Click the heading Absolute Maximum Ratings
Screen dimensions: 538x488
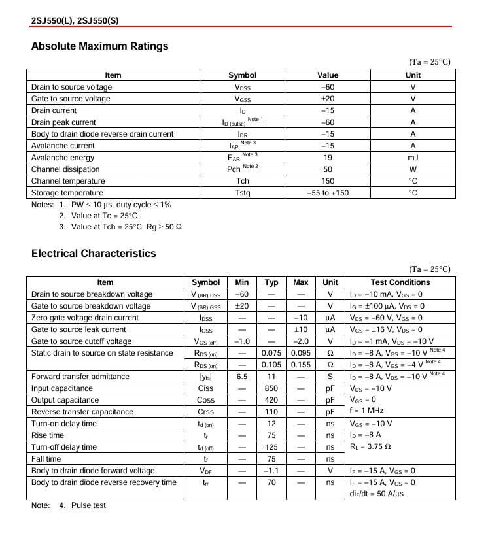pos(99,46)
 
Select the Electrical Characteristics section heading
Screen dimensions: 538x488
pos(94,254)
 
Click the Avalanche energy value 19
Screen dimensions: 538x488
pos(328,158)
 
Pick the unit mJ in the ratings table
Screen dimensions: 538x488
pos(413,158)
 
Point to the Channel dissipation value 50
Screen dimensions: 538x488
pos(328,169)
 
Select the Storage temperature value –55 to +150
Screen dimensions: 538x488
pos(328,193)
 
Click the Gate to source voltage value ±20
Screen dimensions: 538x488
pos(328,99)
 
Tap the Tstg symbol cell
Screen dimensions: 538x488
pos(242,193)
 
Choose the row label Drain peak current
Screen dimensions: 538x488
pos(63,122)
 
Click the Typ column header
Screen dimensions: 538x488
pos(271,282)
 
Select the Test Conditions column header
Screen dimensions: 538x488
pos(400,282)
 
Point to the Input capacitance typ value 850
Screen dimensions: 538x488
pos(271,388)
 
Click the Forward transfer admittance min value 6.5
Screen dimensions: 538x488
pos(242,377)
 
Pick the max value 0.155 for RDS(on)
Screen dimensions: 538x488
pos(301,365)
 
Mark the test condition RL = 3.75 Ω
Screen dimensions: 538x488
pos(370,447)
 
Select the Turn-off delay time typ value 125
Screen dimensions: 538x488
pos(271,447)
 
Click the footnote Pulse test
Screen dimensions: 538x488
pos(88,505)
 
